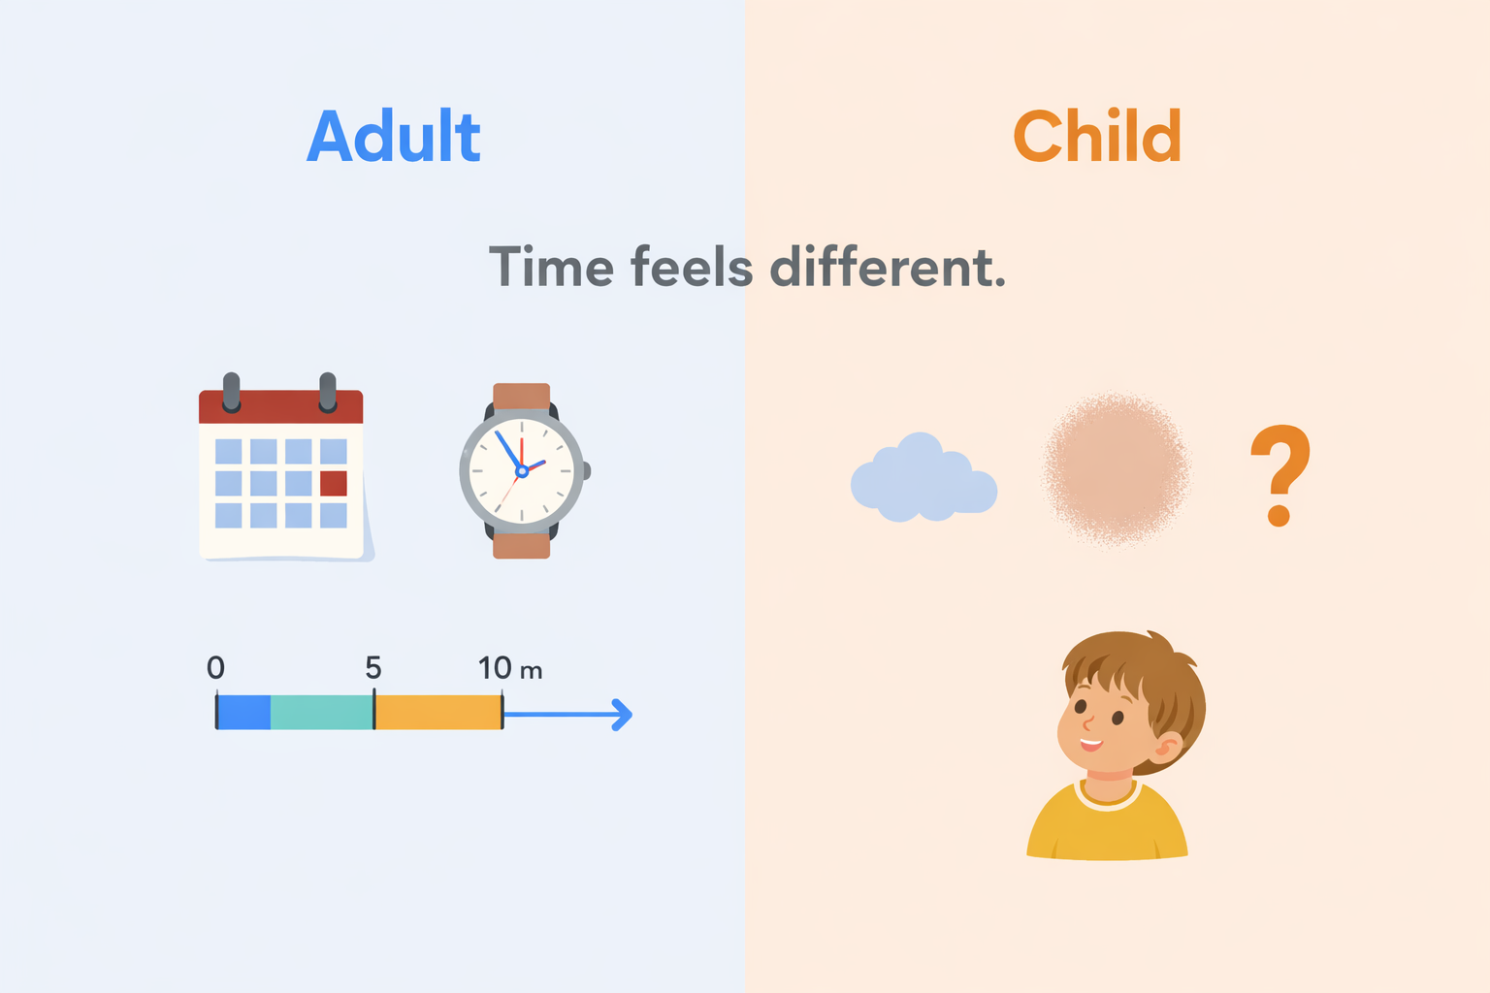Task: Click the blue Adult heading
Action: [x=393, y=136]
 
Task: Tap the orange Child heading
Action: [x=1097, y=136]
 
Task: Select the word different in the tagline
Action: [x=888, y=268]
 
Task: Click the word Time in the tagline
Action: [x=551, y=268]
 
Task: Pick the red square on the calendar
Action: [x=334, y=484]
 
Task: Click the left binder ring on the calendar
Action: [x=232, y=393]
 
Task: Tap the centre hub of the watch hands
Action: [x=522, y=471]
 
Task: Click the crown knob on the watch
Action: [x=587, y=471]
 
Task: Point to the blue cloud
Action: [x=923, y=477]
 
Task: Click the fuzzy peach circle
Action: [x=1117, y=469]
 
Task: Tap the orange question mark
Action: [x=1280, y=475]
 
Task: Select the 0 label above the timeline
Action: [x=215, y=667]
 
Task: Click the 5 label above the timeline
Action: [x=373, y=667]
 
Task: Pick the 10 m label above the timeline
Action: [x=510, y=668]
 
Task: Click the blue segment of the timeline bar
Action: [x=244, y=713]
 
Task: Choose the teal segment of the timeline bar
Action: [x=322, y=713]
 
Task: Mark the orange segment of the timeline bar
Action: [x=438, y=713]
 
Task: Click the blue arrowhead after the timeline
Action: [x=622, y=715]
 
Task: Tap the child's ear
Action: [x=1168, y=747]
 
